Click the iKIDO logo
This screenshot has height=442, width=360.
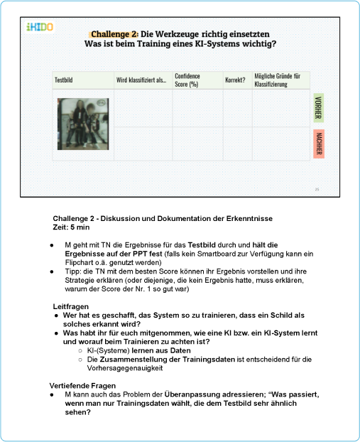point(40,27)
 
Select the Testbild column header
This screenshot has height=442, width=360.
point(64,80)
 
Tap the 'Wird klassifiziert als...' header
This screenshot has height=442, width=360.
point(141,80)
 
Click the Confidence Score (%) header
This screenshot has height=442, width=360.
point(187,80)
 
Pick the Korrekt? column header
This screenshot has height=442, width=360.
point(235,80)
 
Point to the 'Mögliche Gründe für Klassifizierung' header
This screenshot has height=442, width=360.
point(278,80)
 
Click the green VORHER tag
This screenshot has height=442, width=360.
point(319,108)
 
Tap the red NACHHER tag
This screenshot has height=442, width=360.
point(319,144)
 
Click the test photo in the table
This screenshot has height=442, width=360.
point(83,124)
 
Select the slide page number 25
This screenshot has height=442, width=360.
point(317,190)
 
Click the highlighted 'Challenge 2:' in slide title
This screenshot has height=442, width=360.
point(114,34)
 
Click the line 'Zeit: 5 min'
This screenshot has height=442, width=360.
point(71,227)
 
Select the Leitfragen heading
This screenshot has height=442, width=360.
point(71,306)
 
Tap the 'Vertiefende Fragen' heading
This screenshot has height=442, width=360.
point(82,386)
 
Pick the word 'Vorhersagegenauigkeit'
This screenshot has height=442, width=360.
point(125,368)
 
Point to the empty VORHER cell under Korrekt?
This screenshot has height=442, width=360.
point(238,108)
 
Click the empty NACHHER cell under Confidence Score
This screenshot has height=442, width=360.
point(197,144)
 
